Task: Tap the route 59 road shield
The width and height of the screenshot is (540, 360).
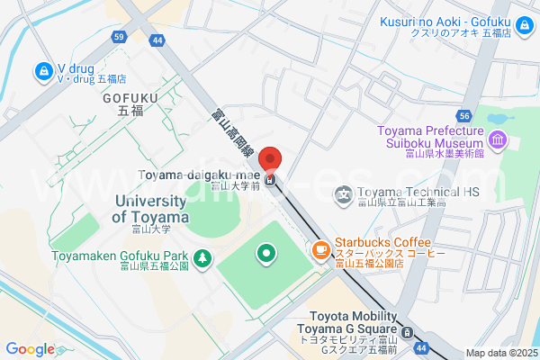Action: click(119, 38)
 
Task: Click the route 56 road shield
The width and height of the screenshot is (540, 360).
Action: click(463, 116)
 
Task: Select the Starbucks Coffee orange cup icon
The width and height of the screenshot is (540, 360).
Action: click(320, 249)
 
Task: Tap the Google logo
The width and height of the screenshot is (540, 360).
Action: click(30, 349)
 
